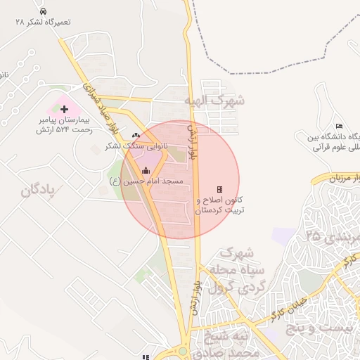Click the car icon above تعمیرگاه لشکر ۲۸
pyautogui.click(x=44, y=12)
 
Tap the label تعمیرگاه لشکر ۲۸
pyautogui.click(x=44, y=22)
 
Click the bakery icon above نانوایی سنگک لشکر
pyautogui.click(x=136, y=135)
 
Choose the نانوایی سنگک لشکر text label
pyautogui.click(x=136, y=146)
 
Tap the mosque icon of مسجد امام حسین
pyautogui.click(x=146, y=170)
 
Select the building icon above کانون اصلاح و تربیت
pyautogui.click(x=219, y=189)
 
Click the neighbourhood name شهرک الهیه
pyautogui.click(x=214, y=101)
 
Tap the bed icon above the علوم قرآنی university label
pyautogui.click(x=339, y=125)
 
